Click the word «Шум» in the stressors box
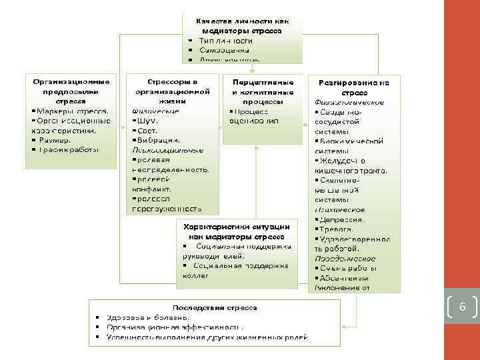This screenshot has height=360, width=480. [147, 121]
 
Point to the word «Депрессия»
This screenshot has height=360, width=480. [342, 219]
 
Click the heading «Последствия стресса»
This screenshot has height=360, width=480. [215, 308]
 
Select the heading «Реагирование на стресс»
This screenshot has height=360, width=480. [354, 87]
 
